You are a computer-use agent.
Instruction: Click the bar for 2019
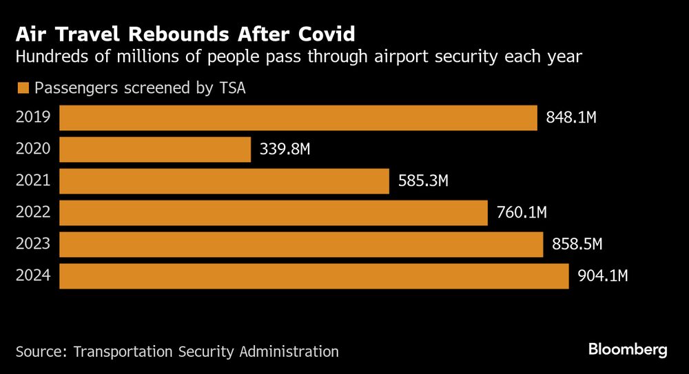[298, 118]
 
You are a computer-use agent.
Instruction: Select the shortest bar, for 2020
[155, 149]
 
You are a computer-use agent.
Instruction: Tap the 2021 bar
[224, 181]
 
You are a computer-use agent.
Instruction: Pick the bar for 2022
[274, 213]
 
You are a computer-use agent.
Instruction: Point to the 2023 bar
[301, 245]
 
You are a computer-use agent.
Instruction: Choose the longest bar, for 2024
[313, 276]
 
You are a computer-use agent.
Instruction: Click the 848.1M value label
[571, 118]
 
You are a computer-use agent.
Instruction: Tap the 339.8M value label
[285, 149]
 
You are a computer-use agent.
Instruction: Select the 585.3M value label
[424, 181]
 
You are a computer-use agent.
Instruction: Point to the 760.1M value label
[522, 213]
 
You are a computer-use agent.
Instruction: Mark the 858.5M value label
[577, 245]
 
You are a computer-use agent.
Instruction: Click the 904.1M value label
[603, 276]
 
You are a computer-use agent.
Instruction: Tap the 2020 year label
[33, 149]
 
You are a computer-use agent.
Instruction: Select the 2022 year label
[33, 213]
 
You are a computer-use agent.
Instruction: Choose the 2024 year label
[33, 276]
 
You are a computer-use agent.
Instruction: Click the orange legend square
[23, 88]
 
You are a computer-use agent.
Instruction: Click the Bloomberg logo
[628, 350]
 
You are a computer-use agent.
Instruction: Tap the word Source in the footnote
[40, 351]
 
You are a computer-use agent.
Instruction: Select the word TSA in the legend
[232, 87]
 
